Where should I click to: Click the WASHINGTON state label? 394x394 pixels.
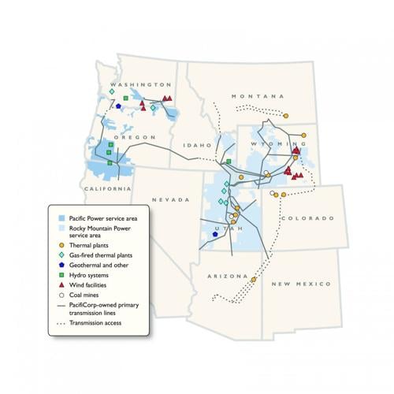coord(140,84)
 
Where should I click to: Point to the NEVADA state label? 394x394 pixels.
coord(173,199)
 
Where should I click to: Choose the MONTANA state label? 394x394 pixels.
coord(250,96)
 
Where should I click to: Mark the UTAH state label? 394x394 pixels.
coord(223,226)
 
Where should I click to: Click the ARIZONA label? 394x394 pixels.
coord(228,276)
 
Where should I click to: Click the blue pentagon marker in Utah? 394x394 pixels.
coord(214,234)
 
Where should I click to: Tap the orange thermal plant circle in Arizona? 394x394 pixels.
coord(254,279)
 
